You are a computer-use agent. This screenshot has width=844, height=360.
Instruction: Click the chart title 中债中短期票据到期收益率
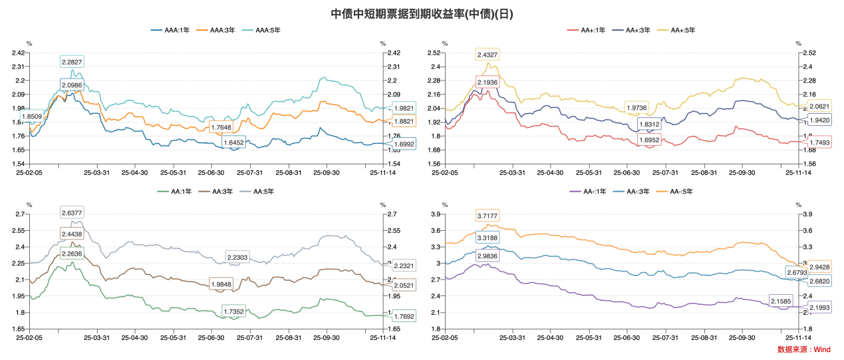tap(422, 13)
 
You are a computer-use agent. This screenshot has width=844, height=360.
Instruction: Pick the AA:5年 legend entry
tap(260, 192)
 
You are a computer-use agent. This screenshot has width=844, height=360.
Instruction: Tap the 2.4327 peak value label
tap(487, 55)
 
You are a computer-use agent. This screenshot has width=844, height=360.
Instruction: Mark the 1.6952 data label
tap(648, 140)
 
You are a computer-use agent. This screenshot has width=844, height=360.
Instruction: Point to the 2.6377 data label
tap(72, 213)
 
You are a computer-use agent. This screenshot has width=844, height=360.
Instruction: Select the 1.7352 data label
tap(233, 310)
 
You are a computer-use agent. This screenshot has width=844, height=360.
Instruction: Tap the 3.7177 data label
tap(487, 216)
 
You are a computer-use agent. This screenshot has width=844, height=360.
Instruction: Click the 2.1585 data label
tap(780, 301)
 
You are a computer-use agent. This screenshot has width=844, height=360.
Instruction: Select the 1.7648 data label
tap(221, 127)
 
